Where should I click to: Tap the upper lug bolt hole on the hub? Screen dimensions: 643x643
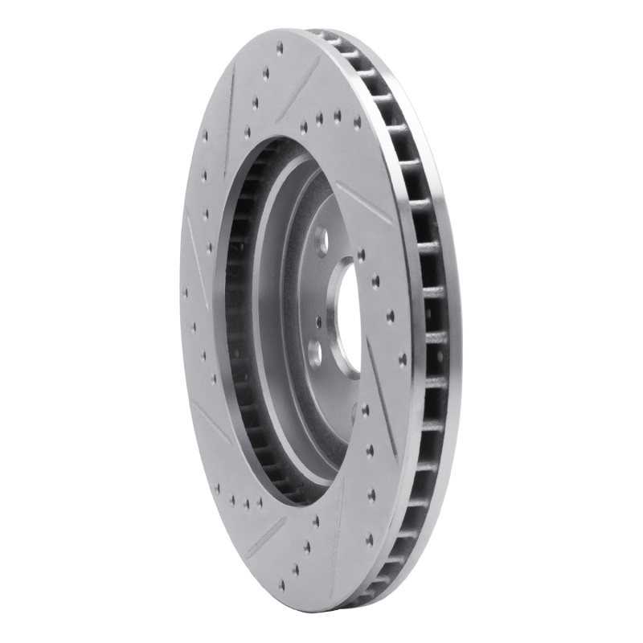[322, 239]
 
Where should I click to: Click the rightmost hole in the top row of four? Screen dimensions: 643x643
[357, 123]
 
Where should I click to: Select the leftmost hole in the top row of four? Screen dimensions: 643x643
[304, 127]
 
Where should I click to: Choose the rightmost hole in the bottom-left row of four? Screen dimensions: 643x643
[259, 504]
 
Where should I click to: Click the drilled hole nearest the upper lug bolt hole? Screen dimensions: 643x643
[361, 255]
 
